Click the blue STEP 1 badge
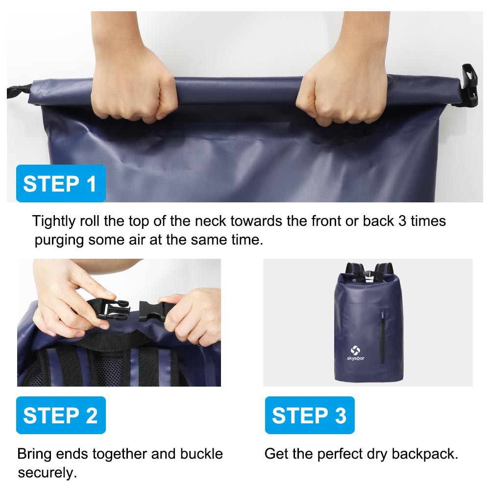pos(61,183)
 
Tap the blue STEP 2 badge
pos(61,416)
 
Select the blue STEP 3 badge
pos(310,416)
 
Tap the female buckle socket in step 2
pos(152,311)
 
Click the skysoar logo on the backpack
pos(356,353)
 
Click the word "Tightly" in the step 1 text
pos(54,221)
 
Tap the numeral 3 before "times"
pos(402,221)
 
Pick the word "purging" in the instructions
pos(59,241)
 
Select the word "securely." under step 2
pos(47,473)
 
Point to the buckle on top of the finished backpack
pos(368,274)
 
